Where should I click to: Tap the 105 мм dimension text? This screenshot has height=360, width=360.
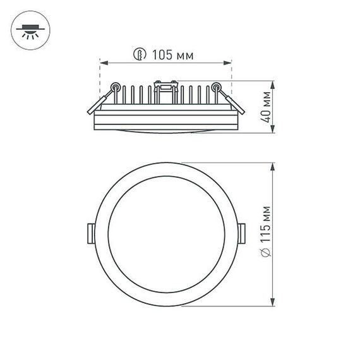pyautogui.click(x=172, y=55)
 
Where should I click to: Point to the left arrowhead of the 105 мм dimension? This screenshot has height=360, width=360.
pyautogui.click(x=104, y=63)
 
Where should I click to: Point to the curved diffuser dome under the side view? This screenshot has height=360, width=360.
pyautogui.click(x=165, y=131)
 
